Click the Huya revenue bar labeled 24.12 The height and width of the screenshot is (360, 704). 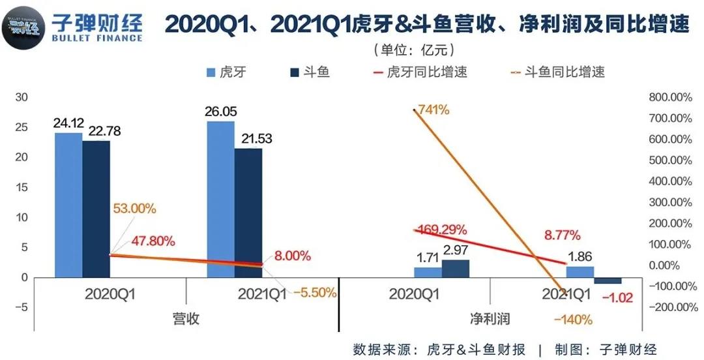68,205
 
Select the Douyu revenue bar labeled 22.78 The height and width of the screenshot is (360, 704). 96,209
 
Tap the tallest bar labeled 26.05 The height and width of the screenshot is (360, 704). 220,199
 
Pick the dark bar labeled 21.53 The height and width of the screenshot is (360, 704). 248,213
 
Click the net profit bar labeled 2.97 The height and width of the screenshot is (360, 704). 455,269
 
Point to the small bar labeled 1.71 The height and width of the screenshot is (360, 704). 428,273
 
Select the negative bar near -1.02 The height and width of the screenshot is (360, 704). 608,280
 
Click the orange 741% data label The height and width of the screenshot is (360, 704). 434,110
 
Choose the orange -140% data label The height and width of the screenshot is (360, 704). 573,320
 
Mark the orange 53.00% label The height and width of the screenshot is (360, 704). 134,209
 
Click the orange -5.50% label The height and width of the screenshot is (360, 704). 315,293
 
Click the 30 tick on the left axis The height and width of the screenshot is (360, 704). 22,97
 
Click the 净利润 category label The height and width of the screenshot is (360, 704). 490,320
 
